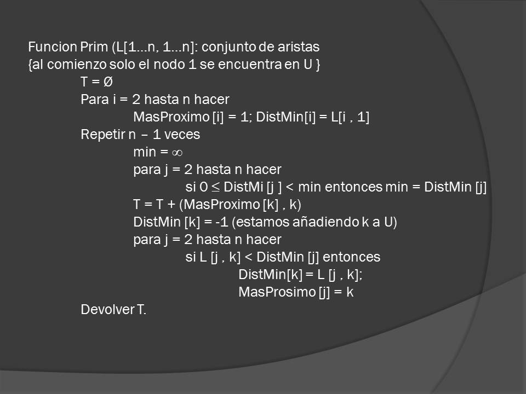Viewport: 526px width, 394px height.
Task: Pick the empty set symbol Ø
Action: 108,82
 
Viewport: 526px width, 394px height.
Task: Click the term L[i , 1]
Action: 347,117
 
